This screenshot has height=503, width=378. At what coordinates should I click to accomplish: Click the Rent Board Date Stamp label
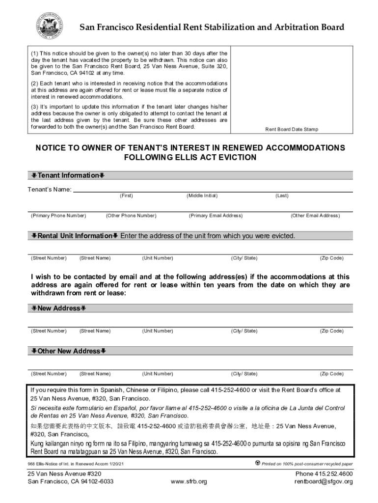[x=292, y=129]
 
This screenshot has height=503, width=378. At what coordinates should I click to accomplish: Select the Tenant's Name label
[x=49, y=190]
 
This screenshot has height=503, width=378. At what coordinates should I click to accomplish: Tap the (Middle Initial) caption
[x=202, y=196]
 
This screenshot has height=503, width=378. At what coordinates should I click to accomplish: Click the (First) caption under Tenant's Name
[x=126, y=196]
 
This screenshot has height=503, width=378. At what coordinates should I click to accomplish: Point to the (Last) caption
[x=282, y=196]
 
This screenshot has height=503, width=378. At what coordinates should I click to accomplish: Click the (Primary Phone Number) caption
[x=58, y=216]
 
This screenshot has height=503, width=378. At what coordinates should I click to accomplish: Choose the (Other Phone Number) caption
[x=131, y=216]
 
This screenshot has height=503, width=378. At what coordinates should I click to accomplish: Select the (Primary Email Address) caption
[x=216, y=216]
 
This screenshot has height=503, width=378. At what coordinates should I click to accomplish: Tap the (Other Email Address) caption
[x=315, y=216]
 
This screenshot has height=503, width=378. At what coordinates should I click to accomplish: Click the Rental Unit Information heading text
[x=75, y=236]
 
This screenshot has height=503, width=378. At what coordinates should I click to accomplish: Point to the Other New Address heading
[x=69, y=351]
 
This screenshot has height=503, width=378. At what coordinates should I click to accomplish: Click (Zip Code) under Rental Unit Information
[x=331, y=258]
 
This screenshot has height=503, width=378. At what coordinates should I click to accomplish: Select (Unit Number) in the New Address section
[x=158, y=331]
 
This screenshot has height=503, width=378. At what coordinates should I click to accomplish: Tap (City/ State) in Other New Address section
[x=244, y=374]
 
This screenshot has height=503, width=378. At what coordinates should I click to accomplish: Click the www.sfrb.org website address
[x=189, y=481]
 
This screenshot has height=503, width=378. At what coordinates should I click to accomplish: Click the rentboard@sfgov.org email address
[x=324, y=481]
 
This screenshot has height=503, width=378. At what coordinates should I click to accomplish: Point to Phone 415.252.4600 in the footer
[x=324, y=474]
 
